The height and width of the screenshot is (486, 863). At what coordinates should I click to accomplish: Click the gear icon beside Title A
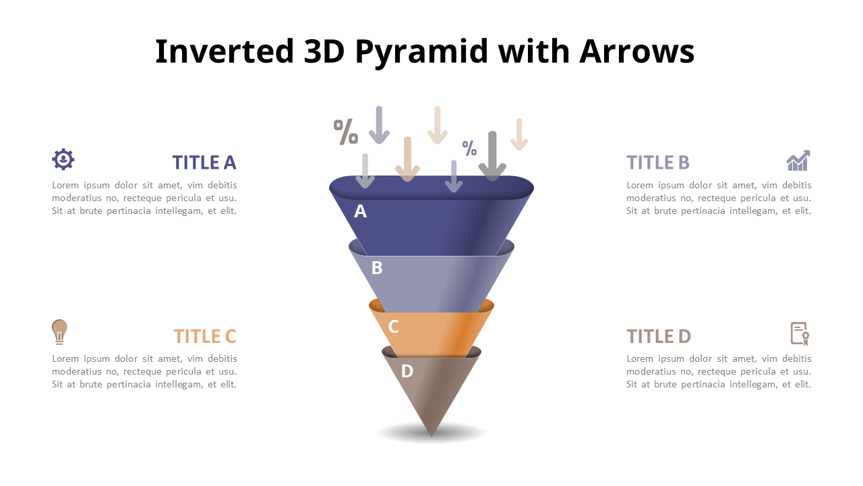(x=63, y=159)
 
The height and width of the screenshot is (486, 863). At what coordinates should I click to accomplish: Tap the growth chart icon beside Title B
(x=798, y=161)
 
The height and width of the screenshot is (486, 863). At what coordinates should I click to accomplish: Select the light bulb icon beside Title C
(x=59, y=331)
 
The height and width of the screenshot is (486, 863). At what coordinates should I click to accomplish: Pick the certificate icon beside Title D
(x=800, y=334)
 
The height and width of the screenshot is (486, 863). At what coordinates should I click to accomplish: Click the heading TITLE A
(x=204, y=163)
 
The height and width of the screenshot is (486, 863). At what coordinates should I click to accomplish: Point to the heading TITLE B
(x=657, y=163)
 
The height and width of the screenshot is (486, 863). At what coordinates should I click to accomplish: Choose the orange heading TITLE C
(x=204, y=336)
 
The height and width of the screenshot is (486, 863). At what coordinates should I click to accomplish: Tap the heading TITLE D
(x=659, y=336)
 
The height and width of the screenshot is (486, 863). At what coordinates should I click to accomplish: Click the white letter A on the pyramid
(x=360, y=211)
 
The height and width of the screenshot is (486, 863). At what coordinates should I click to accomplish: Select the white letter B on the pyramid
(x=377, y=268)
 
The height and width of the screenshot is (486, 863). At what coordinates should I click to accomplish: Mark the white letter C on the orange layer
(x=393, y=327)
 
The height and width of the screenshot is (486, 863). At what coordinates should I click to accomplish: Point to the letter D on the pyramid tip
(x=407, y=371)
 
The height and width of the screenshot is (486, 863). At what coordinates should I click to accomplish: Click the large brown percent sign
(x=346, y=132)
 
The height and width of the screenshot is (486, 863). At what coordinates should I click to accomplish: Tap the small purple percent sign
(x=469, y=148)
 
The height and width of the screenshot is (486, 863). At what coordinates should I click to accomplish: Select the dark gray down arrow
(x=492, y=156)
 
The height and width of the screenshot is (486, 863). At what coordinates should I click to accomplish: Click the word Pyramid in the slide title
(x=421, y=52)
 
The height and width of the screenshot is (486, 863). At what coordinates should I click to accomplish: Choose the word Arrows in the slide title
(x=637, y=51)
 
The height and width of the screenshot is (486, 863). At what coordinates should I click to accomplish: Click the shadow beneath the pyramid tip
(x=431, y=433)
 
